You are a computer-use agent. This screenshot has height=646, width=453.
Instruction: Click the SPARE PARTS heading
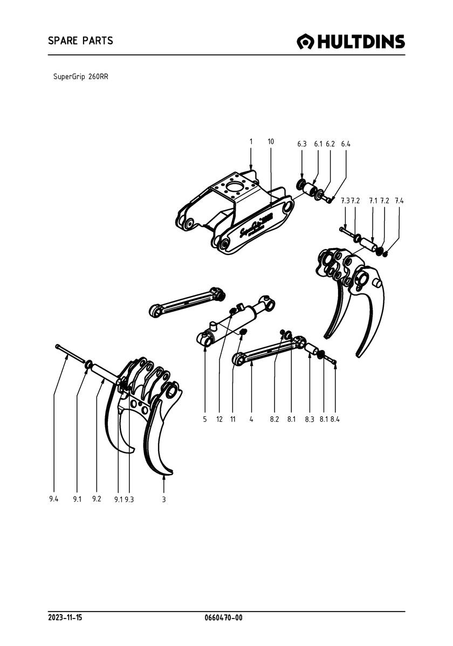point(80,40)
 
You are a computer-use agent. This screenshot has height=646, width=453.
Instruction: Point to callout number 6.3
point(302,144)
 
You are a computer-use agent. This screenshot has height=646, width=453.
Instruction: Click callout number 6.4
point(346,144)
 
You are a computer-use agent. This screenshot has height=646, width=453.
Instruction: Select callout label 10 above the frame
point(271,141)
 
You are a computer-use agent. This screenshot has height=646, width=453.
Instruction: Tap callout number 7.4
point(399,201)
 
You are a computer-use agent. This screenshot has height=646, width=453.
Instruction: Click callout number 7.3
point(345,201)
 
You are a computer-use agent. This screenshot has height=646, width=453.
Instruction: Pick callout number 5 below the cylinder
point(205,418)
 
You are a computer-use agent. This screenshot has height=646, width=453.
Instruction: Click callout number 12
point(219,418)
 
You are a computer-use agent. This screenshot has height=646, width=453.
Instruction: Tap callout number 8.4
point(335,418)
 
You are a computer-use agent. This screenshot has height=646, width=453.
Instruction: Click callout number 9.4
point(53,499)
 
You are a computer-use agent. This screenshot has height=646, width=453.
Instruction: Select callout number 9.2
point(97,499)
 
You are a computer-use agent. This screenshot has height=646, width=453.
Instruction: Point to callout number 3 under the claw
point(163,499)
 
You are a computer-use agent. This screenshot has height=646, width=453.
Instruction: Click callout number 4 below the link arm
point(251,418)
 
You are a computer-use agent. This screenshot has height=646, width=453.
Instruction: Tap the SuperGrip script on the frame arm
point(252,226)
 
